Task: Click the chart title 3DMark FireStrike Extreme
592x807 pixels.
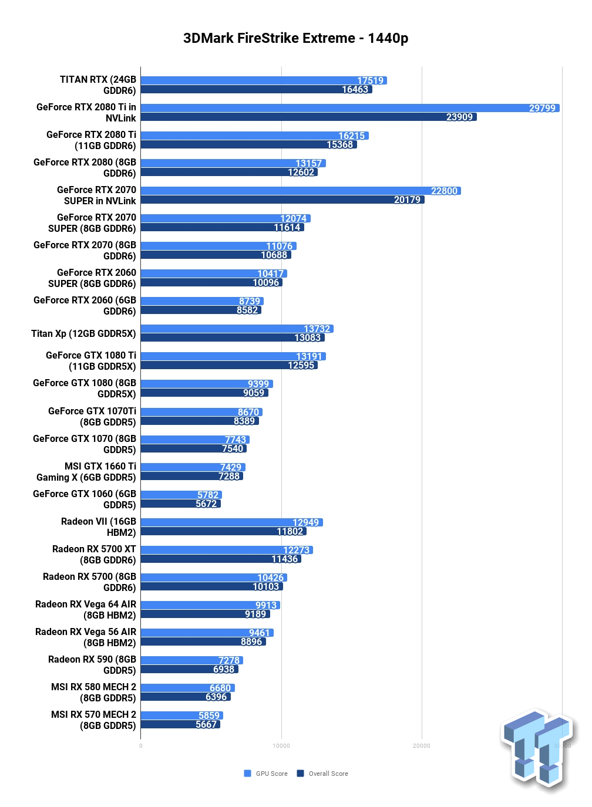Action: [x=295, y=38]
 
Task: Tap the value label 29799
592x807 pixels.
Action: [x=542, y=108]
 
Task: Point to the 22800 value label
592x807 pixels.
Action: [x=444, y=191]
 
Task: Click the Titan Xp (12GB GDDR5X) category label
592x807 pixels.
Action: [x=83, y=333]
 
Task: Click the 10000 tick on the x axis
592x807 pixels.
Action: [x=281, y=746]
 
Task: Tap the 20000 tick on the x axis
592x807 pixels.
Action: [x=422, y=746]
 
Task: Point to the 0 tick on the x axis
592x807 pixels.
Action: [x=141, y=746]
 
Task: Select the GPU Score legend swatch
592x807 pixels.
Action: [x=248, y=774]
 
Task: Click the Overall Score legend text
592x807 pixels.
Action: [x=328, y=774]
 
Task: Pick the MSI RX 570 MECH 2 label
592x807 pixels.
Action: [x=93, y=720]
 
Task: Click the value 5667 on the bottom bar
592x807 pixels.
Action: [x=206, y=724]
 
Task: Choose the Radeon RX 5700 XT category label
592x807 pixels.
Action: [x=94, y=555]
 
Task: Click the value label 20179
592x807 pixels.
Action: [x=407, y=200]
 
